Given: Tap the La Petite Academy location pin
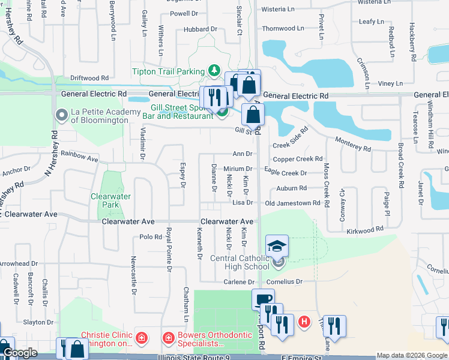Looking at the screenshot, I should (x=61, y=115).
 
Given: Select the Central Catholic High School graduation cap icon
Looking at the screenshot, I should (x=277, y=247).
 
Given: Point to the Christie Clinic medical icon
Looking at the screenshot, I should (x=141, y=338).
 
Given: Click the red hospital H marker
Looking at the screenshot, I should (x=304, y=322).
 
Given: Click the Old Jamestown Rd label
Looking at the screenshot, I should (x=293, y=203).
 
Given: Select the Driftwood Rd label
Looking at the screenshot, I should (x=89, y=78).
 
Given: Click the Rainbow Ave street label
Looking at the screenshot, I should (x=79, y=157).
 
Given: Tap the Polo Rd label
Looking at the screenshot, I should (x=151, y=237).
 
